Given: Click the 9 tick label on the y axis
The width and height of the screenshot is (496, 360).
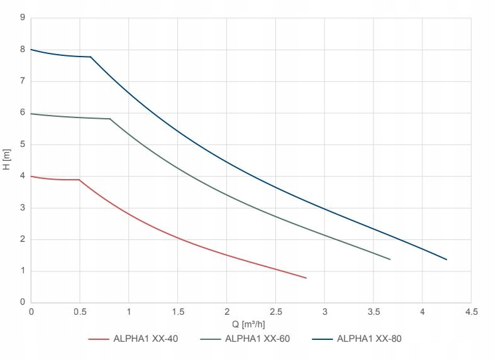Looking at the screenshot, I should click(x=22, y=18).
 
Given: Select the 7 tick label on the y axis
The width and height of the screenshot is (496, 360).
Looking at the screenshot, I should click(x=22, y=81).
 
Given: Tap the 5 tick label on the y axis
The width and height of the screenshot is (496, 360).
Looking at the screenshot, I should click(x=22, y=145).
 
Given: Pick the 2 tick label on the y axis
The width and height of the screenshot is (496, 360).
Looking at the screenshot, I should click(x=22, y=239).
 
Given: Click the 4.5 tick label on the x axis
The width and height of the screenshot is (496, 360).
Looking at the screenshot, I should click(x=471, y=312).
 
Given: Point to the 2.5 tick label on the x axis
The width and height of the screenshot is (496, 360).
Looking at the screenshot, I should click(x=275, y=312).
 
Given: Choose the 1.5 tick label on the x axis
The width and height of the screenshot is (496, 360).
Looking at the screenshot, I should click(x=177, y=312).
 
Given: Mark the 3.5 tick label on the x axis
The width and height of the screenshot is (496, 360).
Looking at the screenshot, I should click(x=373, y=312).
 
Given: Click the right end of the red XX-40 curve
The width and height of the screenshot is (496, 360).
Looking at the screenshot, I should click(x=306, y=278).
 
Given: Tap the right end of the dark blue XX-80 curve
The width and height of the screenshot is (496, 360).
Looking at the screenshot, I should click(x=446, y=259).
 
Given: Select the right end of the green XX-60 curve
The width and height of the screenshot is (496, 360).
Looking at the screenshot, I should click(x=390, y=259).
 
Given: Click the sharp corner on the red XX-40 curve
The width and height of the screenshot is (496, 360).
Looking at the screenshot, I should click(x=79, y=180).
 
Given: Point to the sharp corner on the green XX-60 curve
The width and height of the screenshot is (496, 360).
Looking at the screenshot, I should click(x=109, y=119).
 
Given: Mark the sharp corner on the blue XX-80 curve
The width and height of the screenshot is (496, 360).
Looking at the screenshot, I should click(x=91, y=57).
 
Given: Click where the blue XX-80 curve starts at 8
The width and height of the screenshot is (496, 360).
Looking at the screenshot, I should click(x=31, y=50).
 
